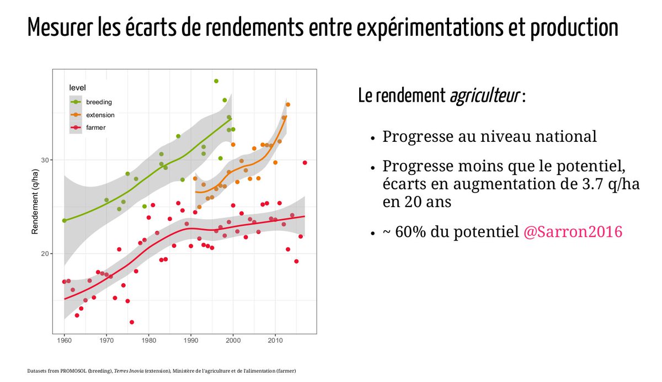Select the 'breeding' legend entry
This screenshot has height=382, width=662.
click(x=99, y=102)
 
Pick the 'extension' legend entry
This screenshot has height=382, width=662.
click(x=100, y=115)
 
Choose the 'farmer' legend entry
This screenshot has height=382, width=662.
click(x=95, y=128)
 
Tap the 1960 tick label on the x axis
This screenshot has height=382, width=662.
click(x=65, y=341)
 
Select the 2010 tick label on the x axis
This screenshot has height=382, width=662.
click(x=275, y=341)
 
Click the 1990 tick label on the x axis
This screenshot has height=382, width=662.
click(x=191, y=341)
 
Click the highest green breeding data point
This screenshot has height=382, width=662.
click(x=216, y=81)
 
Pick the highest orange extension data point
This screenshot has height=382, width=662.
click(x=288, y=105)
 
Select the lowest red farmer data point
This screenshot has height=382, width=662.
click(x=132, y=322)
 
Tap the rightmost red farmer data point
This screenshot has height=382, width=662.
click(x=305, y=163)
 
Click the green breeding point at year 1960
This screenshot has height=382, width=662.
click(x=65, y=220)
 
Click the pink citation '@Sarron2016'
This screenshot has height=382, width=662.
click(x=573, y=232)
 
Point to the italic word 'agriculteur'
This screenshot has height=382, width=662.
click(x=483, y=96)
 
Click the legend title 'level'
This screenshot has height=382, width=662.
click(x=77, y=88)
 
